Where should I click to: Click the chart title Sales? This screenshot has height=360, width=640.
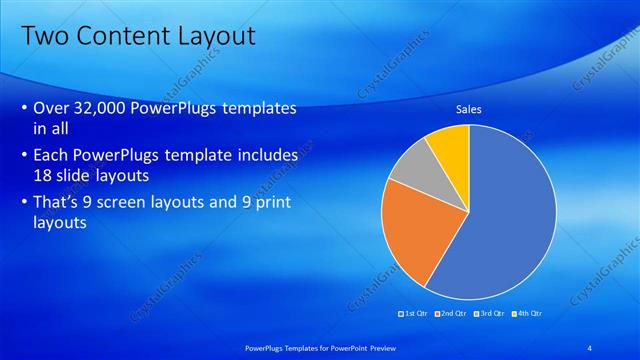pyautogui.click(x=470, y=109)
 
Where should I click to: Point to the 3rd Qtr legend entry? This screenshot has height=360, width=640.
pyautogui.click(x=490, y=314)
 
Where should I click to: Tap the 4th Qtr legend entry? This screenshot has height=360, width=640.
pyautogui.click(x=527, y=314)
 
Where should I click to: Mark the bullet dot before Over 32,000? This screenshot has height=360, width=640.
pyautogui.click(x=24, y=109)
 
